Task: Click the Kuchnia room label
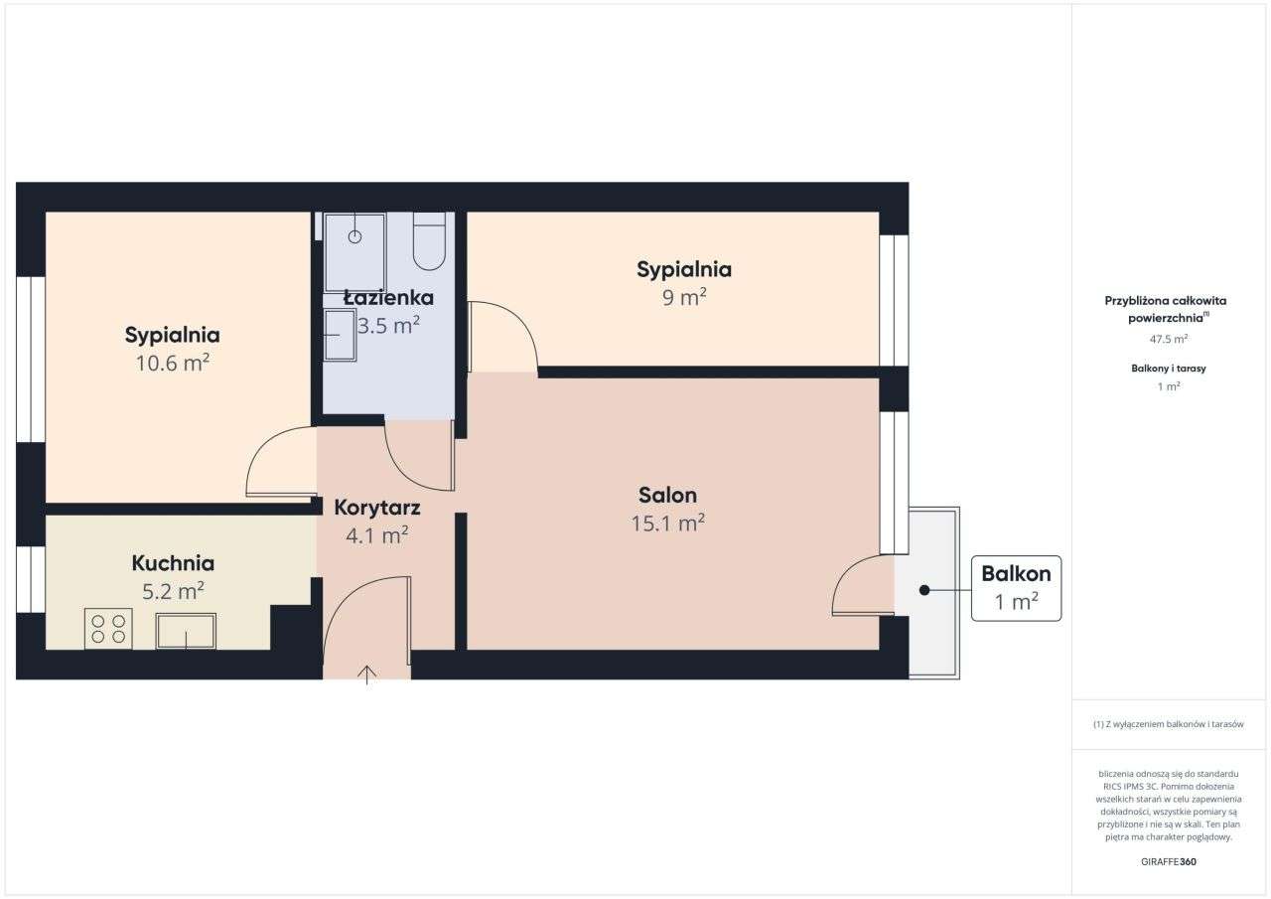(173, 563)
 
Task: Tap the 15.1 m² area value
(667, 523)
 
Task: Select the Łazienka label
(388, 297)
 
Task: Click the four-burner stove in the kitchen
(108, 629)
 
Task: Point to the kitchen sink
(186, 631)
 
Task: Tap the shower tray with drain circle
(354, 252)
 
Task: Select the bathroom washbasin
(340, 335)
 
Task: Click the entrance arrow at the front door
(367, 675)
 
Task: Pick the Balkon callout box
(1016, 588)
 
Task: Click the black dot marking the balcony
(923, 590)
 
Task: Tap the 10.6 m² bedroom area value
(172, 363)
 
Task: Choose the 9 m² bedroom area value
(684, 297)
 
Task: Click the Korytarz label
(377, 508)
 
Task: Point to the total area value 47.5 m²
(1169, 339)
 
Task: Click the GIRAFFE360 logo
(1169, 861)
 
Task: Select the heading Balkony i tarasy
(1169, 369)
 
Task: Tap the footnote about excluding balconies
(1169, 724)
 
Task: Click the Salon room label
(667, 495)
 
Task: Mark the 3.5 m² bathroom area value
(389, 325)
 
